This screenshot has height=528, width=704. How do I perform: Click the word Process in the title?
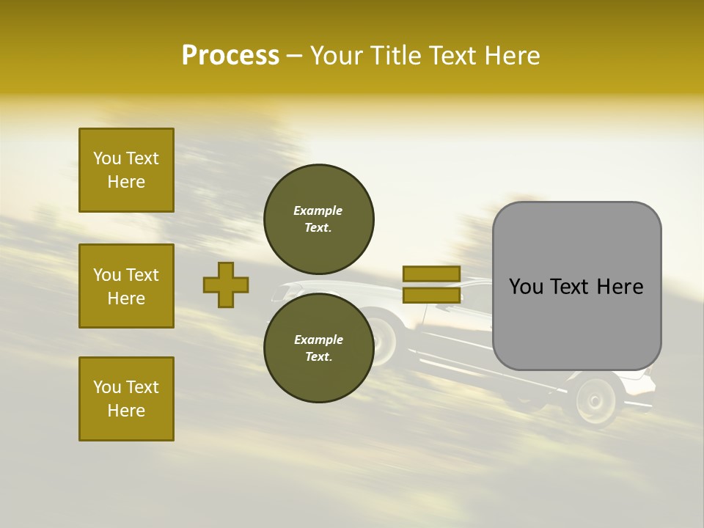pyautogui.click(x=230, y=56)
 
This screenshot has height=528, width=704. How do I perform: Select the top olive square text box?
pyautogui.click(x=126, y=170)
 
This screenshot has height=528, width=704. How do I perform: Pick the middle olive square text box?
pyautogui.click(x=126, y=286)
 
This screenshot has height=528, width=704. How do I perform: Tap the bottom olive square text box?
pyautogui.click(x=126, y=398)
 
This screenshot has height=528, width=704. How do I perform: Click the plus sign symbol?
pyautogui.click(x=226, y=285)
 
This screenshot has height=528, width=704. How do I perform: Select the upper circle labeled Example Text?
pyautogui.click(x=318, y=219)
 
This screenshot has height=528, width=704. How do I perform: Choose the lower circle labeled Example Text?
pyautogui.click(x=318, y=348)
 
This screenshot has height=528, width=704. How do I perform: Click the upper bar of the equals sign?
pyautogui.click(x=431, y=274)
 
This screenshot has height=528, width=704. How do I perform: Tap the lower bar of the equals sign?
pyautogui.click(x=431, y=295)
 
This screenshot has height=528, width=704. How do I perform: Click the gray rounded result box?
pyautogui.click(x=576, y=286)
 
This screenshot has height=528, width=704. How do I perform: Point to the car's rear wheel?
pyautogui.click(x=596, y=400)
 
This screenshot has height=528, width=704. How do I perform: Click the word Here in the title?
pyautogui.click(x=512, y=56)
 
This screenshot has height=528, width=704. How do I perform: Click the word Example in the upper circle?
pyautogui.click(x=318, y=210)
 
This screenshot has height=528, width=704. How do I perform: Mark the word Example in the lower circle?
pyautogui.click(x=318, y=340)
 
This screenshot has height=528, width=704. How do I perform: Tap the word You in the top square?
pyautogui.click(x=106, y=158)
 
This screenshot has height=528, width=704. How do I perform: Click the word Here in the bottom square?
pyautogui.click(x=126, y=411)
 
